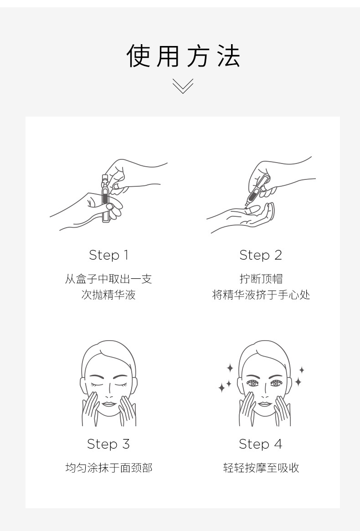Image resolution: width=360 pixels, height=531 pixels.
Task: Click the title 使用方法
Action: click(183, 56)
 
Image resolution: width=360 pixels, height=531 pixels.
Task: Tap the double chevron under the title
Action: click(183, 86)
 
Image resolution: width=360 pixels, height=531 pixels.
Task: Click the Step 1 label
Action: click(109, 255)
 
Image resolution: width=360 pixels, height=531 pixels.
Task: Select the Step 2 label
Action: click(260, 255)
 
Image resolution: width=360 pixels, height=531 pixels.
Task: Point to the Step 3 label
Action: click(108, 444)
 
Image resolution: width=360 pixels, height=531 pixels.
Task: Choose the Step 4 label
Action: click(260, 444)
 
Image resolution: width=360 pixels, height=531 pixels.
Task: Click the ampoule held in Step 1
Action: click(106, 198)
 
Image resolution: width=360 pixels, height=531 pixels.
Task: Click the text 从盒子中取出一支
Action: click(108, 279)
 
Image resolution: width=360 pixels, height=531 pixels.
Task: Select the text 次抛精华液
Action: click(108, 295)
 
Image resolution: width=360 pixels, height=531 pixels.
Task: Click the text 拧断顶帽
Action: click(261, 279)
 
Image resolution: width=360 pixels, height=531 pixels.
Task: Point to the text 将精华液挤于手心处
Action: click(261, 295)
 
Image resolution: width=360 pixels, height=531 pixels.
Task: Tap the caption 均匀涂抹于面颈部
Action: click(109, 468)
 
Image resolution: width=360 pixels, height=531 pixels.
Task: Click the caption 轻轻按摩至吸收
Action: click(261, 468)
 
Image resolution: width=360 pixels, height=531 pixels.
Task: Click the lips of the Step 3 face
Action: click(109, 404)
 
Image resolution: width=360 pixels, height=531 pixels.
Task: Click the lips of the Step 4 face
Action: click(264, 404)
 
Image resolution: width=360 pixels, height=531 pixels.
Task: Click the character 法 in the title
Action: click(229, 56)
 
